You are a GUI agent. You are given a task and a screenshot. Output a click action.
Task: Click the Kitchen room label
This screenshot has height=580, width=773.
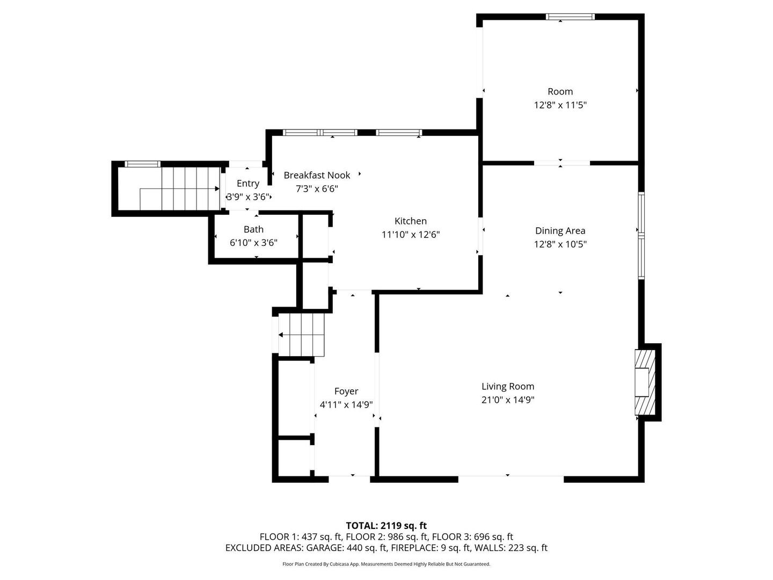point(410,221)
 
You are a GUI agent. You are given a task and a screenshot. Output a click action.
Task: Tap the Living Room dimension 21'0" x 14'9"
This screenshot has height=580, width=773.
point(507,400)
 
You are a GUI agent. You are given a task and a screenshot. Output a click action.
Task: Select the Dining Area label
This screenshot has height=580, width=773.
point(560,231)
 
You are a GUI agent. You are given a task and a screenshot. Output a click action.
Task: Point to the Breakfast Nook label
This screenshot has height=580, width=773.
point(317,175)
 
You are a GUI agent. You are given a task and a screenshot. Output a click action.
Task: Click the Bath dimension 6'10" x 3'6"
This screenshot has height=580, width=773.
point(253,243)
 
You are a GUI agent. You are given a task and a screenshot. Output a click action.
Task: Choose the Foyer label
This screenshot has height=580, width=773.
point(346,392)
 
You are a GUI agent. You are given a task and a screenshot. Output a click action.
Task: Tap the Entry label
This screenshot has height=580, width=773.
point(247,183)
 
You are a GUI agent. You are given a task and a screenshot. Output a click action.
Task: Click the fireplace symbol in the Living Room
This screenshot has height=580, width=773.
point(645,382)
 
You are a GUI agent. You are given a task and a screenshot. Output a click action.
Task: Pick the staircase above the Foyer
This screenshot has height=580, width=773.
point(301,335)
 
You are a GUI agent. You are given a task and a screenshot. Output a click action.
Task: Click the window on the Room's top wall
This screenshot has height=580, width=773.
point(570,17)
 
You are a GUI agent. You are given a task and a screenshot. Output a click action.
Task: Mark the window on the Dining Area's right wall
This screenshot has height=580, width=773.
point(641,236)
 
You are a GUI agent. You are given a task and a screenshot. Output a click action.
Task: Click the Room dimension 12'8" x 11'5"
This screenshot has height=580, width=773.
point(560,105)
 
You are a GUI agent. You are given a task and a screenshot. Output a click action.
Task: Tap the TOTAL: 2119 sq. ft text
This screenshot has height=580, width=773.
point(386,525)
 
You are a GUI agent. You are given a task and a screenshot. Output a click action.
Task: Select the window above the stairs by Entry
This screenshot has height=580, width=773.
point(142,164)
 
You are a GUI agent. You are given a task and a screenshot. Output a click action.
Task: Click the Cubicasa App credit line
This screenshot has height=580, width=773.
point(386,564)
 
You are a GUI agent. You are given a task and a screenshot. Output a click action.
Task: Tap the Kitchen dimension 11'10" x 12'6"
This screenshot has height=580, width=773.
point(410,235)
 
